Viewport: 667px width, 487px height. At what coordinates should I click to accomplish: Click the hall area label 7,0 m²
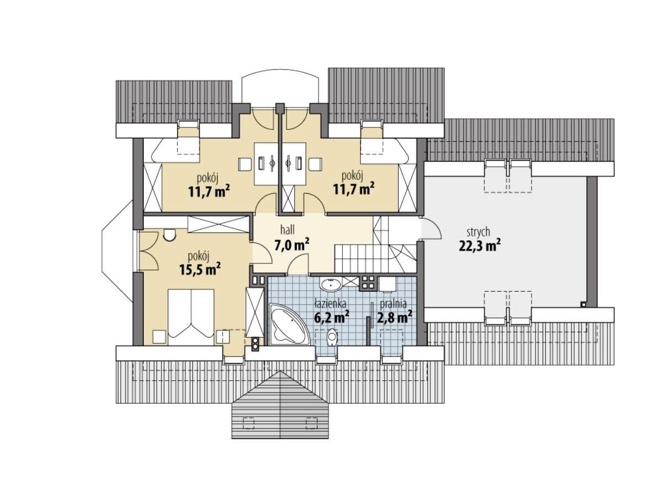pos(291,245)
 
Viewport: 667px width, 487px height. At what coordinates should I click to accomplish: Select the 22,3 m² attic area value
pos(480,246)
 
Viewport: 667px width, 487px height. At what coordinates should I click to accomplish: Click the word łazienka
pos(331,304)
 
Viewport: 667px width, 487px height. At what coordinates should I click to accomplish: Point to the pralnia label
pos(393,304)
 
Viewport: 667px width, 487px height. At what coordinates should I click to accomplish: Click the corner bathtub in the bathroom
pos(288,325)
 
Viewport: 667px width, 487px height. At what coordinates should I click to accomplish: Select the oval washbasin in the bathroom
pos(331,284)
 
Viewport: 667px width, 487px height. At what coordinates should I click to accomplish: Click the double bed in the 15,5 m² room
pos(191,317)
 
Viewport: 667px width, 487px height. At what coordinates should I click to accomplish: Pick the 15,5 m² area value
pos(200,270)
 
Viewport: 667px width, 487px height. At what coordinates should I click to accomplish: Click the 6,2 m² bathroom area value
pos(332,318)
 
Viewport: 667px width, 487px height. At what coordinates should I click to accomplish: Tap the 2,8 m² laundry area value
pos(394,318)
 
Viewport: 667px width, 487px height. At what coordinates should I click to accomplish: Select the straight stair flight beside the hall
pos(354,258)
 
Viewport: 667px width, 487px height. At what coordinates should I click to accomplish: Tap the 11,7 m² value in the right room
pos(353,189)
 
